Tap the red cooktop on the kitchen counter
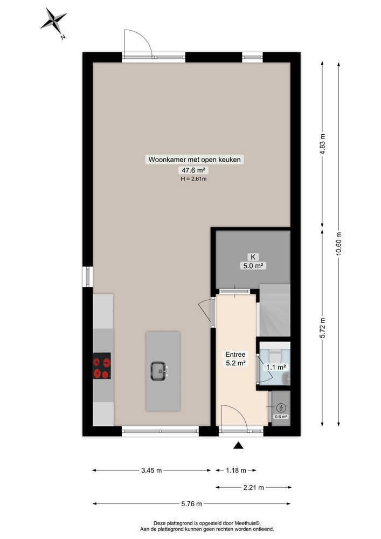tap(102, 366)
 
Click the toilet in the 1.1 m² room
tap(274, 356)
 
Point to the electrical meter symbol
tap(281, 408)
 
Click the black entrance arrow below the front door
tap(238, 446)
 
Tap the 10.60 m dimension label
tap(339, 245)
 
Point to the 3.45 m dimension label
tap(151, 471)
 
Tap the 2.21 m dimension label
tap(253, 488)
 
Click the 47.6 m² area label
tap(193, 170)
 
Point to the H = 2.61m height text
tap(193, 179)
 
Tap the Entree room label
tap(235, 354)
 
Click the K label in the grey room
tap(253, 257)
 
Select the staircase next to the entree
tap(274, 311)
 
